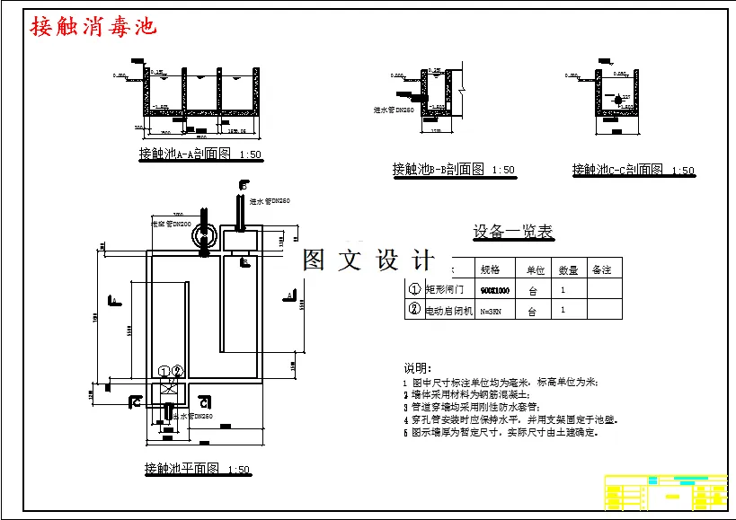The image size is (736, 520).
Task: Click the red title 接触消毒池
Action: tap(93, 26)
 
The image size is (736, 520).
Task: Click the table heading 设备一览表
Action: tap(513, 232)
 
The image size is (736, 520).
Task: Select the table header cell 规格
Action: tap(490, 269)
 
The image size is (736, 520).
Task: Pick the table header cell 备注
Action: tap(600, 269)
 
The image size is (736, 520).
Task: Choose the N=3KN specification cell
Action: tap(490, 312)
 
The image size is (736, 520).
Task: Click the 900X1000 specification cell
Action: tap(494, 291)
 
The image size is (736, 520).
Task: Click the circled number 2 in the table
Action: tap(414, 311)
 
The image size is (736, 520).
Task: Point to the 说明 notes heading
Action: tap(416, 368)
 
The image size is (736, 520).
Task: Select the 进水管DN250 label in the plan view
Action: tap(269, 201)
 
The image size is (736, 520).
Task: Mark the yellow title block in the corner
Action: tap(666, 491)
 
